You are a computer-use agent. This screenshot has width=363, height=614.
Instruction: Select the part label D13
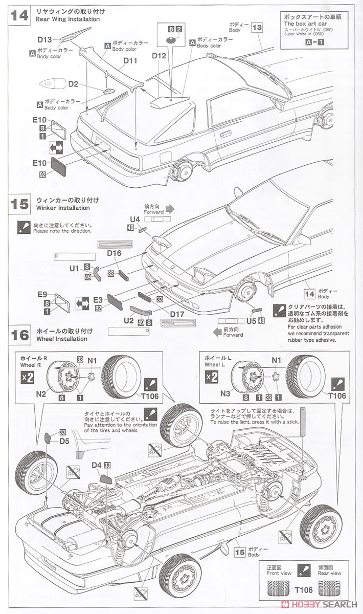pos(45,39)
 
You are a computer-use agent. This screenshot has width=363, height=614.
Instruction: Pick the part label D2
pos(73,84)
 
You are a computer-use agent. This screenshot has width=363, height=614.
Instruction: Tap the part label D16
pos(114,253)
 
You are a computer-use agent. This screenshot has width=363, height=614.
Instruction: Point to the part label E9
pos(42,294)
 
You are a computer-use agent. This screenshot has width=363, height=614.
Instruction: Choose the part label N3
pos(225,394)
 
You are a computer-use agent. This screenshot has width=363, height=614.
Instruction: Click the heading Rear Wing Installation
pos(68,19)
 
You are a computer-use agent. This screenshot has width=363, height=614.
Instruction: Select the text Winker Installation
pos(63,208)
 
